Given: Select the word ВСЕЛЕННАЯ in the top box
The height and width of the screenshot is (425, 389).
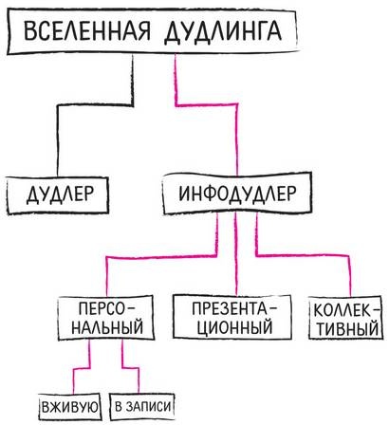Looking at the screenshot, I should [x=81, y=32].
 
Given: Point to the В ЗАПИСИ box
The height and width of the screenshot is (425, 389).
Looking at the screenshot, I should [x=141, y=408].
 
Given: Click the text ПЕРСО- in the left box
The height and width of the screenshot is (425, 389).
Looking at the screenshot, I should [x=106, y=308].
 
